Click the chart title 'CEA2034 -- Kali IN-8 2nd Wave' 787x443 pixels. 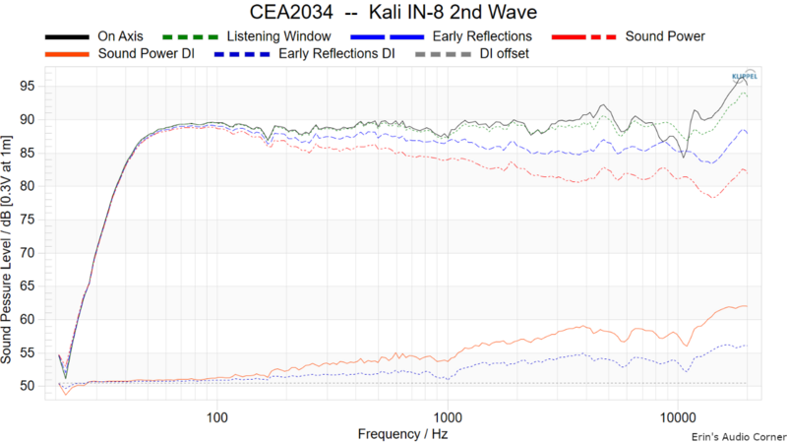tap(393, 14)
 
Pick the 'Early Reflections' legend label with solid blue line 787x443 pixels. tap(477, 36)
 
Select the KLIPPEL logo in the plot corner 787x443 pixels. tap(745, 75)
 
